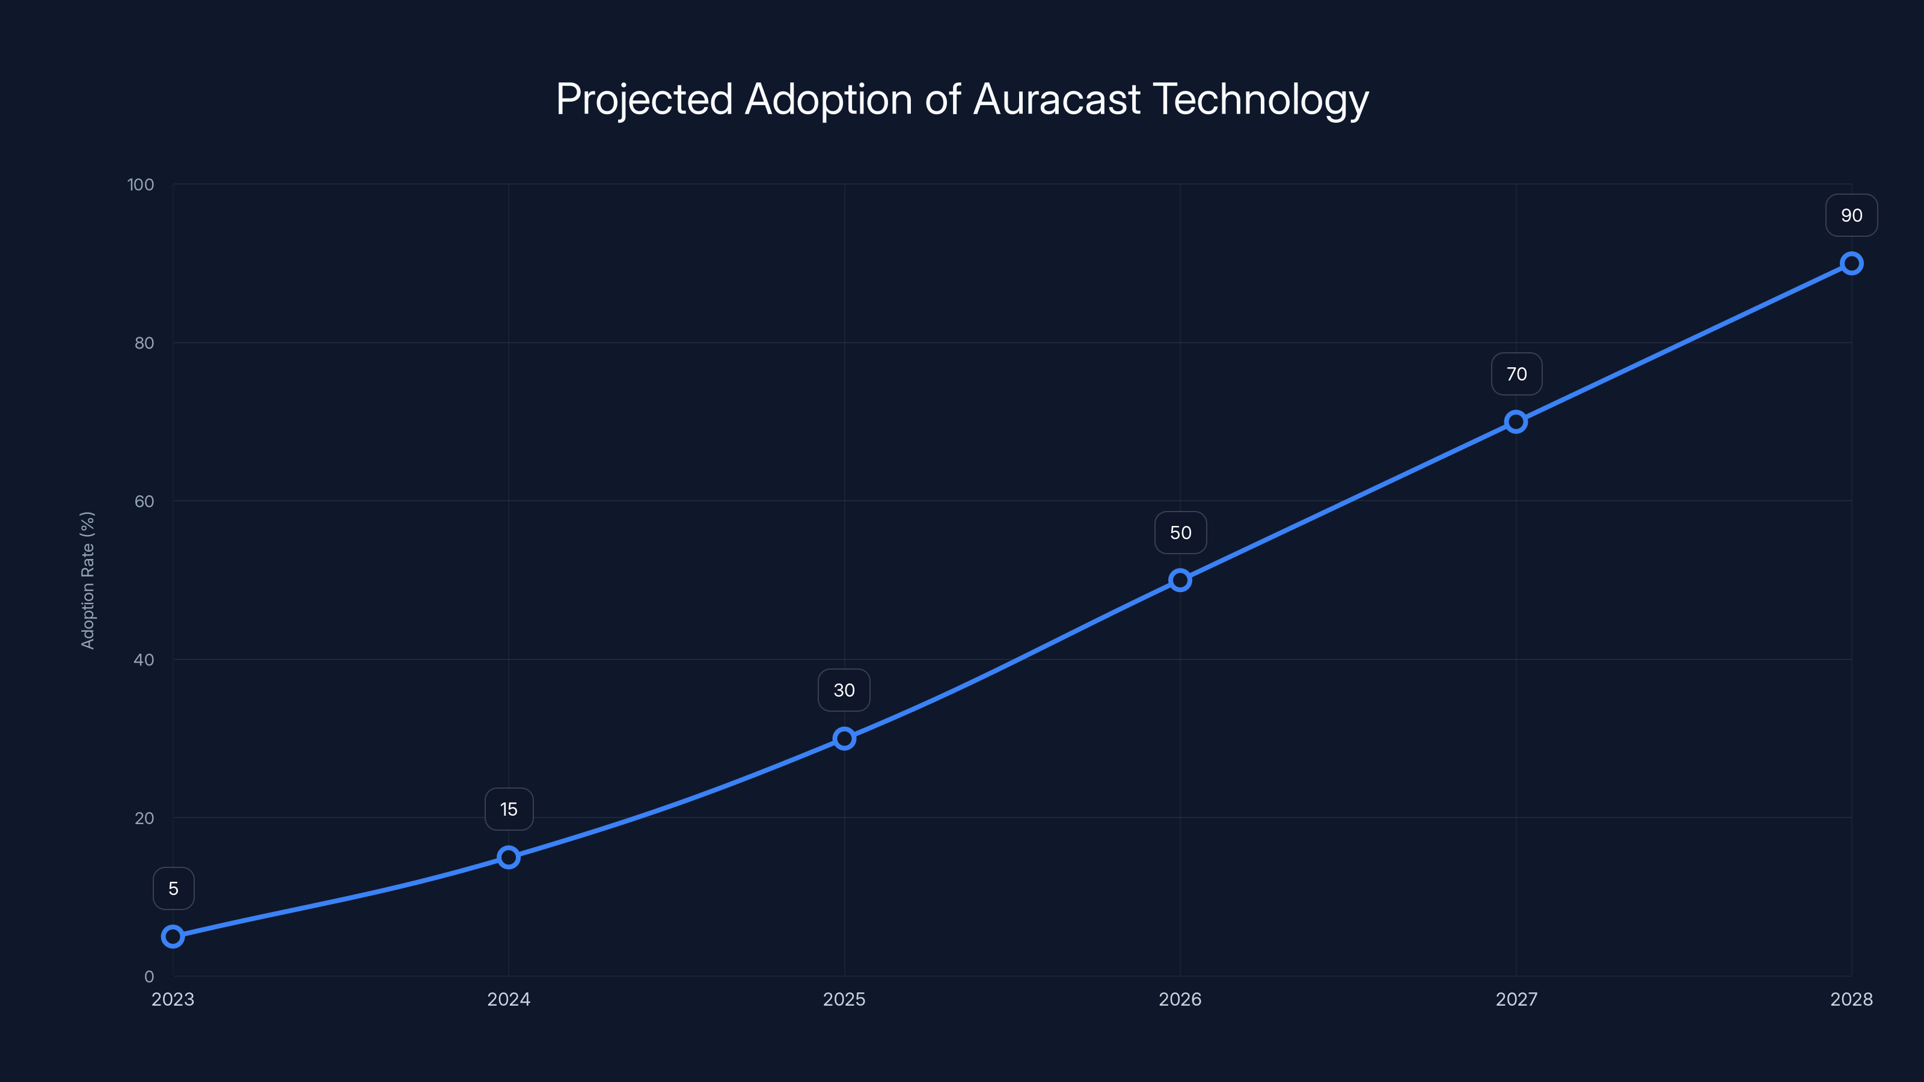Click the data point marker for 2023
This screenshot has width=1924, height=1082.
tap(173, 937)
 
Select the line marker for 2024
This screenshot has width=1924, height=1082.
tap(509, 857)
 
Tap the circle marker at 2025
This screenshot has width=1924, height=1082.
tap(844, 739)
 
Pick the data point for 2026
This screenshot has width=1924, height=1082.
tap(1180, 580)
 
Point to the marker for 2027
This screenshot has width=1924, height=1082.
tap(1515, 422)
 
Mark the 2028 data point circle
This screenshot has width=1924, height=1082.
tap(1852, 264)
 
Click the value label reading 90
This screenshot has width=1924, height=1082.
tap(1852, 216)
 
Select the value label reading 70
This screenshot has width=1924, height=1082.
tap(1516, 374)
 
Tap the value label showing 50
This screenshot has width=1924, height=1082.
tap(1180, 533)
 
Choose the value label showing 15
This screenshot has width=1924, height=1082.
tap(509, 810)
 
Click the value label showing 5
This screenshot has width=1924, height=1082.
tap(173, 888)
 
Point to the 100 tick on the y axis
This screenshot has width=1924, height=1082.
tap(141, 185)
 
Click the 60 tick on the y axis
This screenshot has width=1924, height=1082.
tap(144, 501)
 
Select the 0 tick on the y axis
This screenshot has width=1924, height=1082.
tap(149, 976)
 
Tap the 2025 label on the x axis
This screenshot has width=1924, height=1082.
tap(844, 999)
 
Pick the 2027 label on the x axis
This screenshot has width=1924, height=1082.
tap(1516, 999)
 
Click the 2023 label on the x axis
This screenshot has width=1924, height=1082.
tap(173, 999)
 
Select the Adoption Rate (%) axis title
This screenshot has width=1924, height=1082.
tap(87, 580)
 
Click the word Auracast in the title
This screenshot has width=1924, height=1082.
tap(1057, 99)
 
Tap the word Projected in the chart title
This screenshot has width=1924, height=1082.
tap(644, 99)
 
